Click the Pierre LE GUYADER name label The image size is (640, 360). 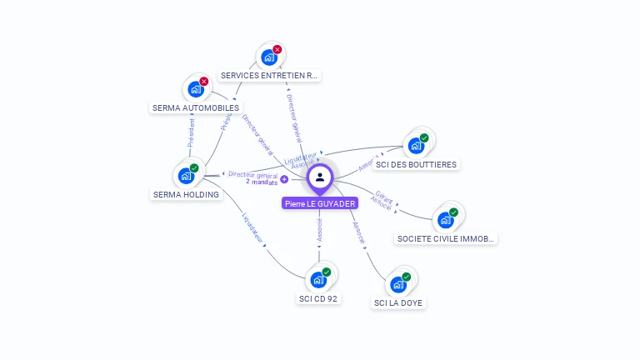320,203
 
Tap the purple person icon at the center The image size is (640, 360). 320,177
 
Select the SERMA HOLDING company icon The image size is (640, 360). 186,176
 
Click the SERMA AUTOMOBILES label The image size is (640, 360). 196,107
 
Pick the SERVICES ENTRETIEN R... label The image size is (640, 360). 268,75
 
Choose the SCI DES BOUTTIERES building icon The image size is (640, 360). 415,146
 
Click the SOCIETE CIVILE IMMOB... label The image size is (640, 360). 446,238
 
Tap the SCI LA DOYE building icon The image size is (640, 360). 398,284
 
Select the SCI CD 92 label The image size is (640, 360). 319,298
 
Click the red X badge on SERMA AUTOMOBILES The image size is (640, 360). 204,82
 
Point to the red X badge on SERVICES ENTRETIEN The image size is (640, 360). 277,50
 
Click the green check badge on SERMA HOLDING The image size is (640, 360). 194,168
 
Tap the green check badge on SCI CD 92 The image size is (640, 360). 327,272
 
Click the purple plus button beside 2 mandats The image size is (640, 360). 284,179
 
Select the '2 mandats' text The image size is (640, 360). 262,182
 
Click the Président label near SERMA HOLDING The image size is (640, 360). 191,134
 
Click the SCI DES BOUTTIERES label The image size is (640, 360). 416,164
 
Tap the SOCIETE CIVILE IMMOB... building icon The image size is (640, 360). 445,220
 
